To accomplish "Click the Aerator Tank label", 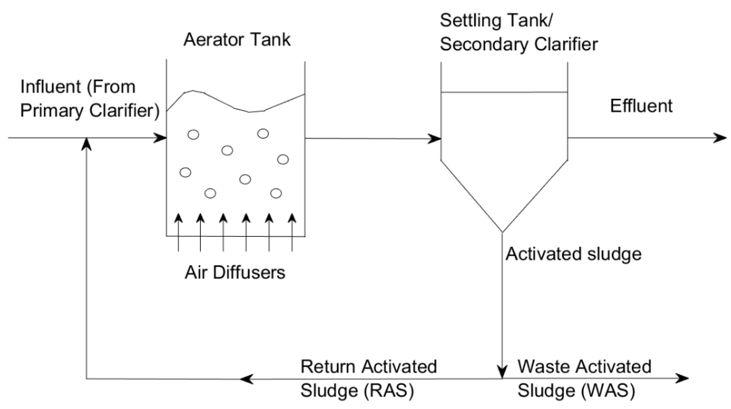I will [x=237, y=39].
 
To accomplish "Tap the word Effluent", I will [x=641, y=106].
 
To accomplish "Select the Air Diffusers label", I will [x=235, y=273].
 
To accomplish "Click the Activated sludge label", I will [x=573, y=254].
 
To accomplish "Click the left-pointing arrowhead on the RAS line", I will [x=246, y=379].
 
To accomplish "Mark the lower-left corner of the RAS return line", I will [x=87, y=378].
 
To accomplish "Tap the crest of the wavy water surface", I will [x=193, y=91].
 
